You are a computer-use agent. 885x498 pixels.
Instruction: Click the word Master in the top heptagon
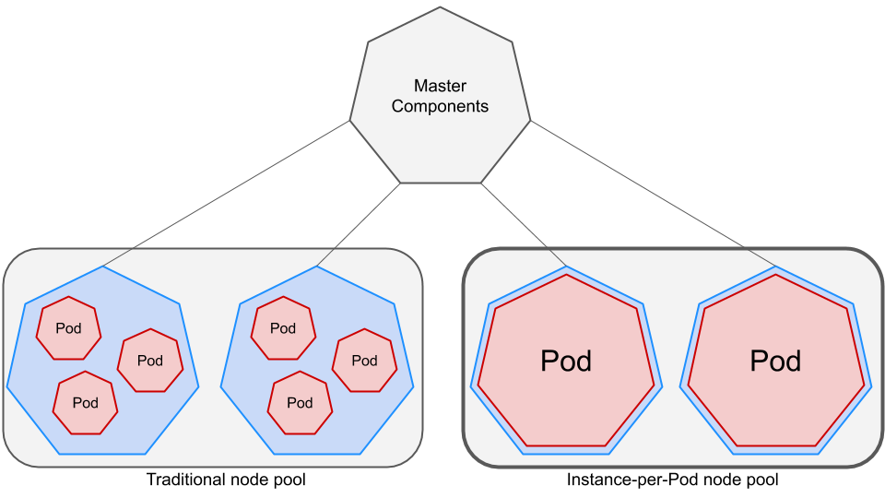pos(440,86)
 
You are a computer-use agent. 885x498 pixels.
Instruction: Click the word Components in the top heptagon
pos(440,106)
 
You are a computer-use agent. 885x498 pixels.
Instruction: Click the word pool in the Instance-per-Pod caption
pos(761,480)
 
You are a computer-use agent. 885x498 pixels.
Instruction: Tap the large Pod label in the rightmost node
pos(775,361)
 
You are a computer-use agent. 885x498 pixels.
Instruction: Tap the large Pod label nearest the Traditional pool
pos(565,361)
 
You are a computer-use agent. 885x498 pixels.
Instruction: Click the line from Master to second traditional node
pos(360,224)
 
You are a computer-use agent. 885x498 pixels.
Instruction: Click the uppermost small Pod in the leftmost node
pos(68,328)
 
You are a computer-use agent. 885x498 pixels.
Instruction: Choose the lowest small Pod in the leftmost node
pos(85,403)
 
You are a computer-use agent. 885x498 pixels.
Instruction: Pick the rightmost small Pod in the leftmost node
pos(149,361)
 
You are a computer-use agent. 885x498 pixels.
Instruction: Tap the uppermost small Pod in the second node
pos(283,328)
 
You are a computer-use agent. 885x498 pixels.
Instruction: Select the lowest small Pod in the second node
pos(300,403)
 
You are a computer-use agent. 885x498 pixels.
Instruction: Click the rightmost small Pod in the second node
pos(364,361)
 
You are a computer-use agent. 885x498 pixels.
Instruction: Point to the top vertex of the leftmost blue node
pos(103,267)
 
